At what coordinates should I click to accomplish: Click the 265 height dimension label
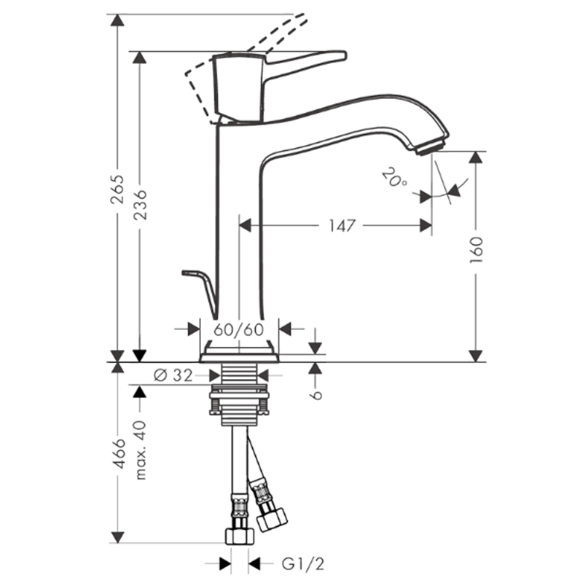click(x=118, y=189)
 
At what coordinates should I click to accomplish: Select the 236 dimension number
click(x=140, y=205)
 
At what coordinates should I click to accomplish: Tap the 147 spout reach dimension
click(x=342, y=226)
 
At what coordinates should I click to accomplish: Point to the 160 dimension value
click(x=476, y=250)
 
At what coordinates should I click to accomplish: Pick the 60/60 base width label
click(x=239, y=329)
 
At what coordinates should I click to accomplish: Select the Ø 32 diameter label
click(x=173, y=375)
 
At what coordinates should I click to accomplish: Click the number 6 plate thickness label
click(x=316, y=394)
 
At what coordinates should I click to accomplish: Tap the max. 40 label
click(x=140, y=450)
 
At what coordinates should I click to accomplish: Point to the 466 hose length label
click(x=118, y=453)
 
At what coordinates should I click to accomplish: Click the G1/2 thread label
click(x=302, y=564)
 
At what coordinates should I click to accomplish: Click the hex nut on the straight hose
click(x=240, y=535)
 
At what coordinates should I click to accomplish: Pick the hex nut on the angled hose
click(x=273, y=519)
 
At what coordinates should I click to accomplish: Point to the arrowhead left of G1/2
click(x=225, y=563)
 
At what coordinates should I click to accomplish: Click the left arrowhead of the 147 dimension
click(x=245, y=225)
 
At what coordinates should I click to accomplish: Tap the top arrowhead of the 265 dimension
click(x=118, y=20)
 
